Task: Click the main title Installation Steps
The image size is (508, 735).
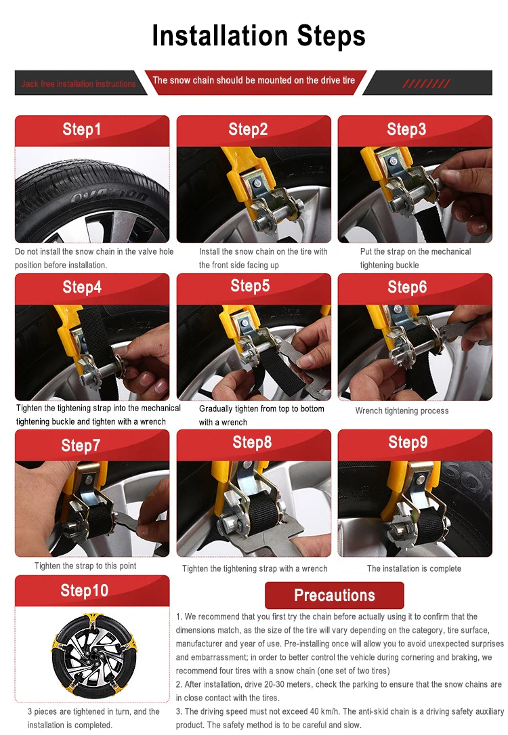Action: [259, 36]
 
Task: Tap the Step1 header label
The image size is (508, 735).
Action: [81, 129]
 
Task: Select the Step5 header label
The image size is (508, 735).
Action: [250, 286]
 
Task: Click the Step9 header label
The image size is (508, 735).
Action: [408, 442]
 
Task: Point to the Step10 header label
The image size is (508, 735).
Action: [85, 591]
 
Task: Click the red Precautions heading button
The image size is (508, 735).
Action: [334, 595]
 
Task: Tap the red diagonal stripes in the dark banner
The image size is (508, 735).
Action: [427, 83]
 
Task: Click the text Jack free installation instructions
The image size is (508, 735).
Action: [79, 84]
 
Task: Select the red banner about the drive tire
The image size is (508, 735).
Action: [254, 81]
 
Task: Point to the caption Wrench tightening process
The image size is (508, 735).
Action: [402, 411]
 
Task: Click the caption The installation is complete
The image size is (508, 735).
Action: [414, 568]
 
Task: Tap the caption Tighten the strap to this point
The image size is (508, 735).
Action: [85, 566]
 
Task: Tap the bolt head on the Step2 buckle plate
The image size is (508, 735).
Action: [257, 182]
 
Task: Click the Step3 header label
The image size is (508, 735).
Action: [406, 129]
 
